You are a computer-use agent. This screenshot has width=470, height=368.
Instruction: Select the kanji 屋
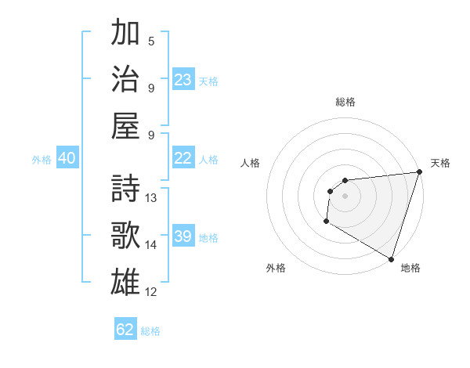pos(126,124)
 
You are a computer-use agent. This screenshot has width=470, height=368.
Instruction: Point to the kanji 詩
pos(126,189)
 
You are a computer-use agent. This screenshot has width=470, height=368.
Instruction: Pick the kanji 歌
pos(126,235)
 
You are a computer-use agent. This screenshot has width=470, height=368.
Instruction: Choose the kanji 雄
pos(126,281)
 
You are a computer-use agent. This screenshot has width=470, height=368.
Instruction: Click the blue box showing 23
pos(183,79)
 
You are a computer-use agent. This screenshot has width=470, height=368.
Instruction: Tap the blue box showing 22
pos(183,158)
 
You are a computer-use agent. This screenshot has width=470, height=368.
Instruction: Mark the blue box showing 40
pos(67,158)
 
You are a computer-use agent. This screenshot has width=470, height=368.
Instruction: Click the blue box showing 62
pos(125,330)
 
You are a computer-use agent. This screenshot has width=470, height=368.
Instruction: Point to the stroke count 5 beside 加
pos(151,41)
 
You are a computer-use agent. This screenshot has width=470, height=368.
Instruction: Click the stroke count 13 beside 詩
pos(151,198)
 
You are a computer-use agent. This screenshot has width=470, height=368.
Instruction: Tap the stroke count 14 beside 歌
pos(151,244)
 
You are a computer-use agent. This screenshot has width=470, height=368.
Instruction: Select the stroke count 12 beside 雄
pos(151,292)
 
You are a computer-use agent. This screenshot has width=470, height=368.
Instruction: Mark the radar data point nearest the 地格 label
pos(390,259)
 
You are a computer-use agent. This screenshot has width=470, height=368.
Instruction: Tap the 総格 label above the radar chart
pos(345,102)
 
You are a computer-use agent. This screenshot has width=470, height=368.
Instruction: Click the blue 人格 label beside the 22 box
pos(208,159)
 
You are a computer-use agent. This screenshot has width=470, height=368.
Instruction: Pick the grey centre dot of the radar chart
pos(345,196)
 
